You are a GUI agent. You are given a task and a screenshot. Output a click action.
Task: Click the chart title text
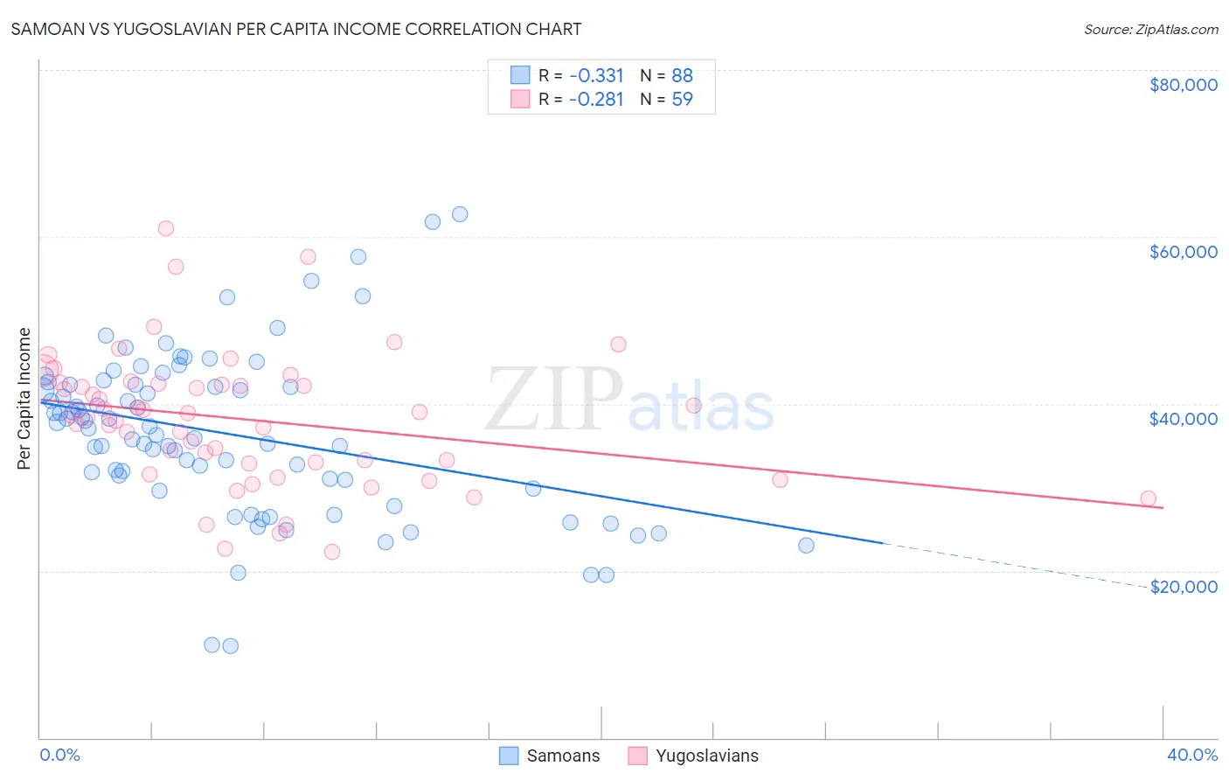point(295,29)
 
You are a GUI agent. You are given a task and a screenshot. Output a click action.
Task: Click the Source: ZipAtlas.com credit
point(1150,29)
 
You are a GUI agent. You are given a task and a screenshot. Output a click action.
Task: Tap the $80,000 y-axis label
point(1183,85)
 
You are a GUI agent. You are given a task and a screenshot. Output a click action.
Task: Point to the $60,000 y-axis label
point(1183,252)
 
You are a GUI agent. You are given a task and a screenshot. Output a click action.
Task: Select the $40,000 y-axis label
point(1183,419)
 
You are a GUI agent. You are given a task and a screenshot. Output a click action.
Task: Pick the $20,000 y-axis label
point(1183,587)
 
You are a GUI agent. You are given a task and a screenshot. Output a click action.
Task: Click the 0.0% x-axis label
point(59,755)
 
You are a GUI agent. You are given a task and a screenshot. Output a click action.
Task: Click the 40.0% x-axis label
point(1191,755)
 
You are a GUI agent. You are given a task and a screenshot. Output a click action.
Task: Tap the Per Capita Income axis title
point(24,399)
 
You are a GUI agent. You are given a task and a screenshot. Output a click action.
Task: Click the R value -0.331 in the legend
point(596,76)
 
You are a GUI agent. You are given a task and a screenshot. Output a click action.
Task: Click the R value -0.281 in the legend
point(596,100)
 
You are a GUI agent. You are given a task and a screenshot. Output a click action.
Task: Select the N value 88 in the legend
point(682,76)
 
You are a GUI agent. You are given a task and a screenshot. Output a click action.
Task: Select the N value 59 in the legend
point(682,100)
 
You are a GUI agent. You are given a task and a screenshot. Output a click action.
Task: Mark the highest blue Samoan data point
point(460,214)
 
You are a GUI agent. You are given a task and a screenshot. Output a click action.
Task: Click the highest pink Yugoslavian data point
point(166,228)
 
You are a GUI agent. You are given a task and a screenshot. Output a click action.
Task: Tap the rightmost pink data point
point(1148,498)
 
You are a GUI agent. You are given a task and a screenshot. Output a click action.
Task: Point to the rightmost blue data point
point(806,546)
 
